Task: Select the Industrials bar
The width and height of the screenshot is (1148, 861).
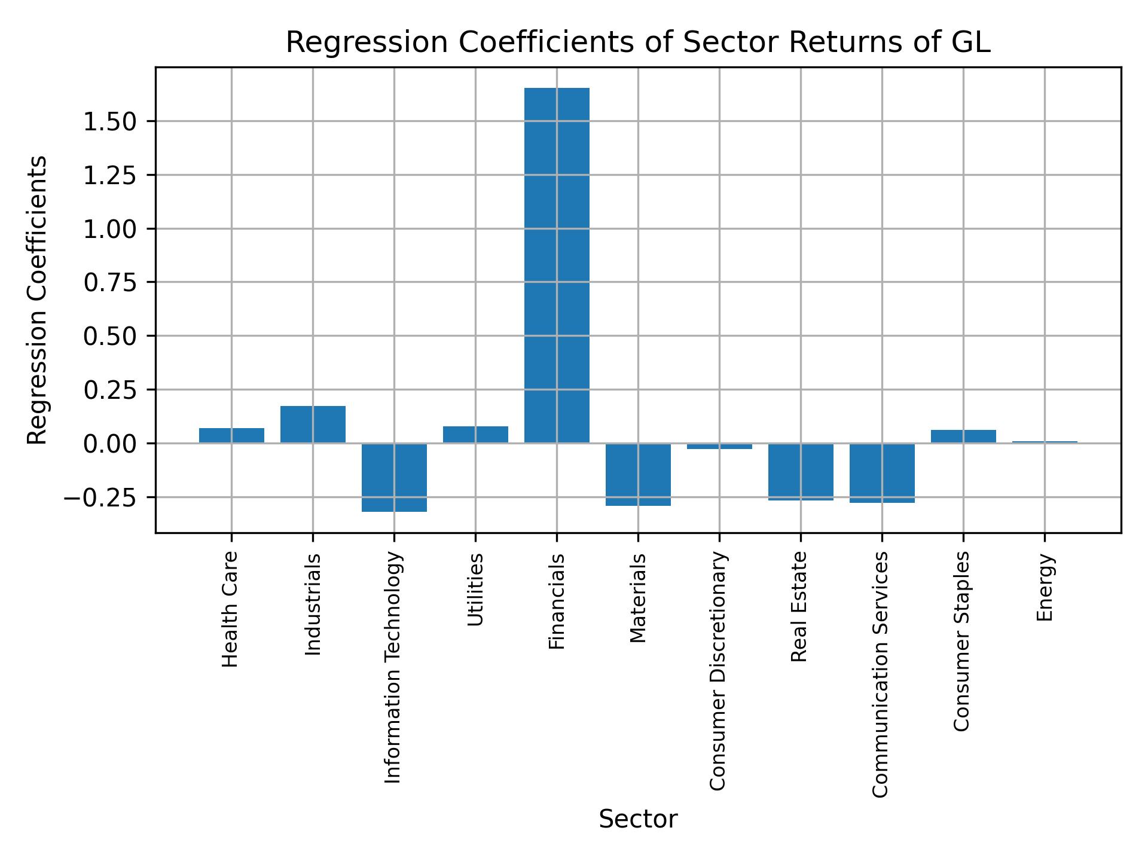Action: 313,425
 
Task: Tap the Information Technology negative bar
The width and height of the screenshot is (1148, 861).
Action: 394,477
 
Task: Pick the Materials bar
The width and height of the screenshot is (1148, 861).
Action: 638,474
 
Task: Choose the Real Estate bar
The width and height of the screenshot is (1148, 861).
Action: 801,471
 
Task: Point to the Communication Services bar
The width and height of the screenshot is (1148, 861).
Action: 882,472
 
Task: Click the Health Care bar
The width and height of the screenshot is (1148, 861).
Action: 231,435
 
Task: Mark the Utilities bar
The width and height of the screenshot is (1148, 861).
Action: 475,435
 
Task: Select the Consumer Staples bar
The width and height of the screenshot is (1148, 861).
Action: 963,436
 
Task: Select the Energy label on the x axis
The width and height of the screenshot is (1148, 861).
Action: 1045,588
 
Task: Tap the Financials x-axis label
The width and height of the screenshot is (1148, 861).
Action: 557,602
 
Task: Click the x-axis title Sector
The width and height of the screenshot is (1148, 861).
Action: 638,819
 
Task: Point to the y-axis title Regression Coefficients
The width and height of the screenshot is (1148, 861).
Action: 38,300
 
